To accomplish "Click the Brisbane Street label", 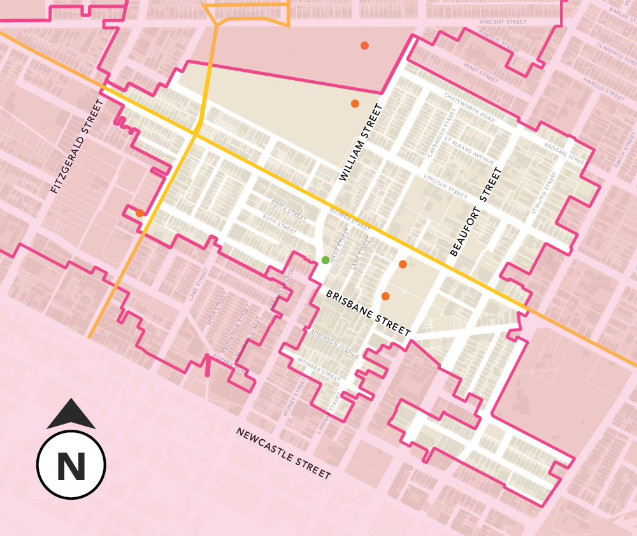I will pos(368,313).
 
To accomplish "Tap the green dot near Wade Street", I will pos(326,260).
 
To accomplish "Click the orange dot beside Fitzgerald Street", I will pos(140,213).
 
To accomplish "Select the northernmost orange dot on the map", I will pos(364,45).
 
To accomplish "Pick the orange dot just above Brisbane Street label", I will pos(385,296).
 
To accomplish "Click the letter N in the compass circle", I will pos(71,467).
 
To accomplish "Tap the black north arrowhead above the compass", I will pos(71,414).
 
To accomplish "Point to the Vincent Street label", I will pos(504,21).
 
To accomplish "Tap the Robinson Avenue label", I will pos(335,344).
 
